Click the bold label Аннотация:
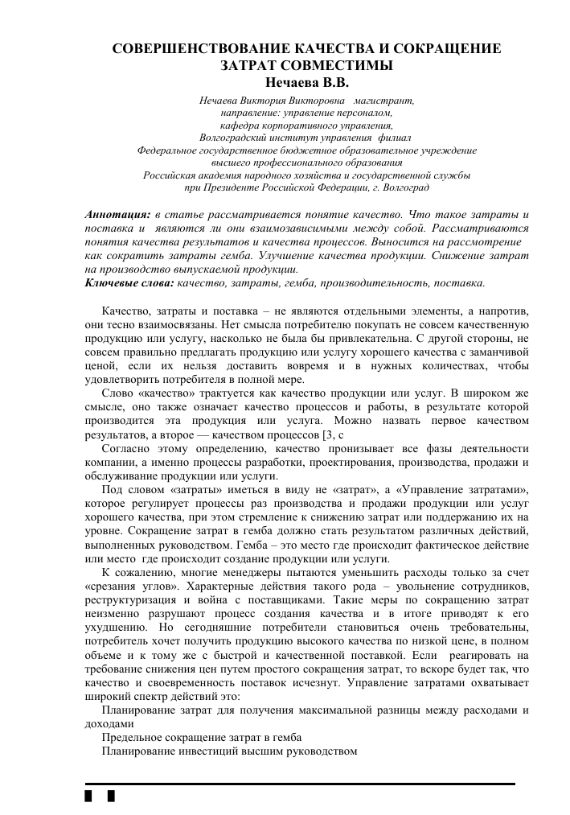[x=117, y=215]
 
